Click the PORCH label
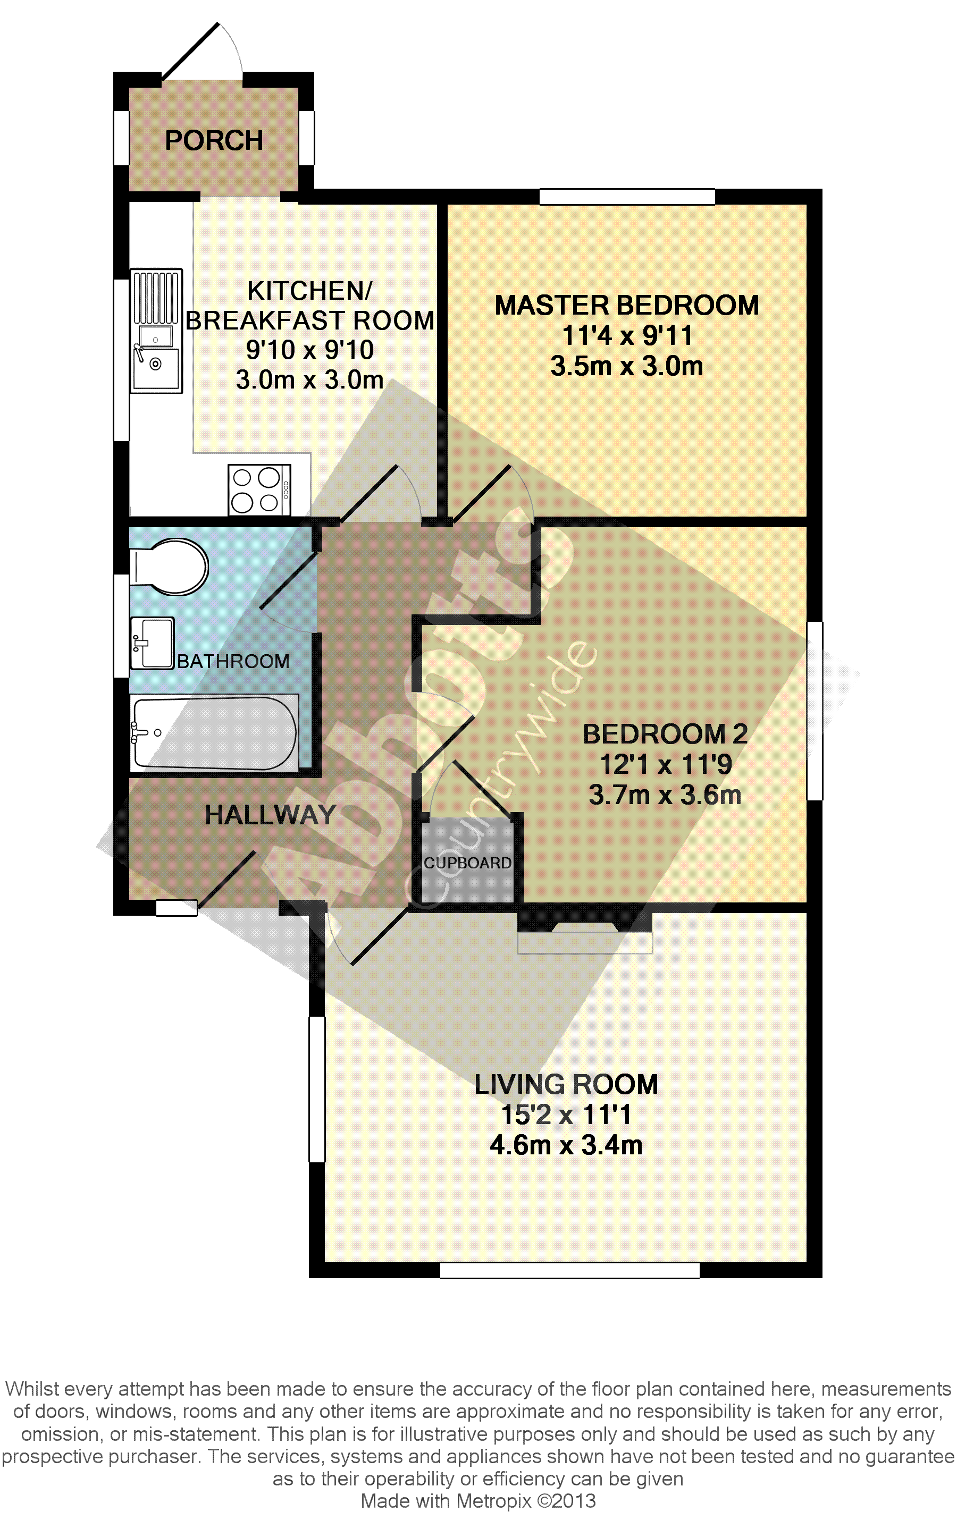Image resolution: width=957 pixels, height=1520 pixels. point(214,140)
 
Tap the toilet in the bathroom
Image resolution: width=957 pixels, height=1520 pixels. point(169,566)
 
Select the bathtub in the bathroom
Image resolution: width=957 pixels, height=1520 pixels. point(214,733)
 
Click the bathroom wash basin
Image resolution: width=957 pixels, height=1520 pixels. point(152,643)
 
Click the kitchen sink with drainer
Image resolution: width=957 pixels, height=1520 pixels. point(156,331)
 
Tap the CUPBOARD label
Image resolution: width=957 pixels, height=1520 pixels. point(467,863)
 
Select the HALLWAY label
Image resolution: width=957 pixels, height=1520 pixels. point(270,815)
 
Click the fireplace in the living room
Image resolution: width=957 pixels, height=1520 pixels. point(584,932)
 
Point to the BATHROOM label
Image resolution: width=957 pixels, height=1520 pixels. point(233,661)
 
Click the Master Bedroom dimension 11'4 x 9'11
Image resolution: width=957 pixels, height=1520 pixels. point(627,336)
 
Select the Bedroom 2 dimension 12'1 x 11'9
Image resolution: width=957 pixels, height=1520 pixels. point(665,764)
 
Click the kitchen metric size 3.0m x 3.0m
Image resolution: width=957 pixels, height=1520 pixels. point(309,379)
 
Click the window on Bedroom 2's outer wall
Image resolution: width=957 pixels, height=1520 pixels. point(815,711)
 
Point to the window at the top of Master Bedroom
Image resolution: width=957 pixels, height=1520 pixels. point(627,196)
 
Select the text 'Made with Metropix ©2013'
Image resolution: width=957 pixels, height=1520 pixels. point(478,1500)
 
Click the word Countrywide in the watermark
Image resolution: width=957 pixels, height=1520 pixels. point(501,774)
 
